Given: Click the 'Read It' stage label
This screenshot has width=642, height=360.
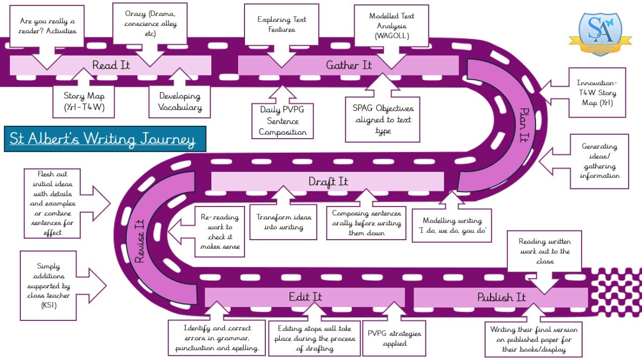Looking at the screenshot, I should coord(111,65).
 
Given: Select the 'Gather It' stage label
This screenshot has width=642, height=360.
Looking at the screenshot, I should coord(348,65).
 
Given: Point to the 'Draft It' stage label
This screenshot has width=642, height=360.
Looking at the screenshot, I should coord(328,181).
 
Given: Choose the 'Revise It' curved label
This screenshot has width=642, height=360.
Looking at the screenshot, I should coord(140,241).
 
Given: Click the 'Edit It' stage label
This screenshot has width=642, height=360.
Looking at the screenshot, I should coord(305,297).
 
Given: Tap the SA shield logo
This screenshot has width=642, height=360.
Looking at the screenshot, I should coord(600,30).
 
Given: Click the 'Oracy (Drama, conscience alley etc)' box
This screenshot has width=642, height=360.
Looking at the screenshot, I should coord(150,24).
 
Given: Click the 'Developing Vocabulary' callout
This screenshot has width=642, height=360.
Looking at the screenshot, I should coord(180,102).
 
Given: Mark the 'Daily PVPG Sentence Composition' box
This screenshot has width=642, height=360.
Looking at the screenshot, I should coord(282,121).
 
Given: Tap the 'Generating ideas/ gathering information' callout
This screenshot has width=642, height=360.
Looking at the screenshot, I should coord(599,161).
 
